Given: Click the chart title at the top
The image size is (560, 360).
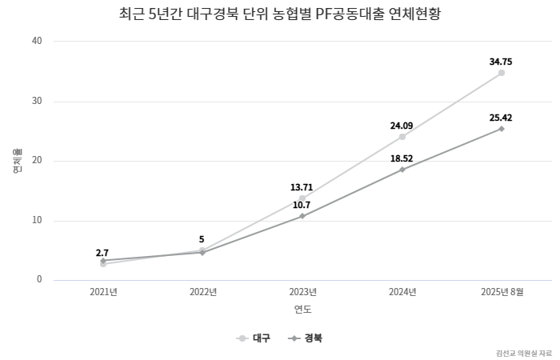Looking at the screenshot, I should [x=279, y=15].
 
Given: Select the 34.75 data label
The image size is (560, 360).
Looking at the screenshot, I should [x=502, y=61].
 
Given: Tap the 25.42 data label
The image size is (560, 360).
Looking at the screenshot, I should [x=502, y=118].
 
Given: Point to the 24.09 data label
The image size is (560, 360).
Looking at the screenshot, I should [x=402, y=126].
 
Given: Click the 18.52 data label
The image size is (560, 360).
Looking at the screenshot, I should [x=402, y=159].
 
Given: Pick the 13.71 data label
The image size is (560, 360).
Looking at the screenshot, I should [x=302, y=187].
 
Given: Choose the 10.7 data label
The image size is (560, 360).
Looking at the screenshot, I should [x=302, y=205].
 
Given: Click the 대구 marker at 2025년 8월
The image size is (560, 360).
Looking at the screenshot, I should [x=502, y=73].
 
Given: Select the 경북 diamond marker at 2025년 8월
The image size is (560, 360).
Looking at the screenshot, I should [x=502, y=129].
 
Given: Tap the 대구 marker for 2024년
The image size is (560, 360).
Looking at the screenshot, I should [x=402, y=137].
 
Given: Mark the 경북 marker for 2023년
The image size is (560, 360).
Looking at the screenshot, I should [x=302, y=216].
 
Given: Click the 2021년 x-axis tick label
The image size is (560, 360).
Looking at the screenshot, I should [x=103, y=292].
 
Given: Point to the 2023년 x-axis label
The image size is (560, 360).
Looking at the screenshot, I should [x=302, y=292].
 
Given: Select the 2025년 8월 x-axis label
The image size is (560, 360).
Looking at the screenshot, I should [x=502, y=292].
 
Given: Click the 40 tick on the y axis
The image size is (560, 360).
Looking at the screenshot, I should [x=37, y=41].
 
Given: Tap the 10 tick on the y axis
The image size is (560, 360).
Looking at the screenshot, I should [x=37, y=221].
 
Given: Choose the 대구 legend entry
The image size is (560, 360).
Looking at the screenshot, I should [x=254, y=338].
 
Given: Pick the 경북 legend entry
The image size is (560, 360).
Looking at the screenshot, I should [x=306, y=338].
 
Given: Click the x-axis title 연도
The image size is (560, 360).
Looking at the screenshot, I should [x=302, y=310].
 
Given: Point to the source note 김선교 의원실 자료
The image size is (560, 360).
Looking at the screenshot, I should [x=523, y=353].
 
